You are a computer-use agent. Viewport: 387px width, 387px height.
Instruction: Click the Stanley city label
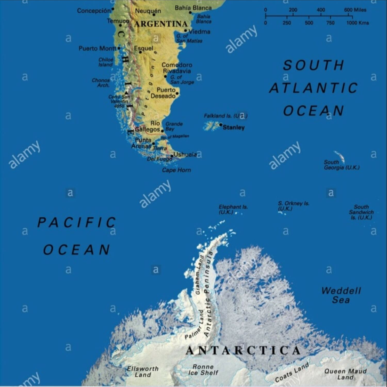click(x=233, y=127)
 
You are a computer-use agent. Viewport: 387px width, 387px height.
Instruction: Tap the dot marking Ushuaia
click(x=172, y=156)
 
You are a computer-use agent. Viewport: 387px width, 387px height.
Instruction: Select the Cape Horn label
click(x=176, y=170)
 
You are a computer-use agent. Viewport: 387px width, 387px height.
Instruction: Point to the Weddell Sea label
click(x=341, y=295)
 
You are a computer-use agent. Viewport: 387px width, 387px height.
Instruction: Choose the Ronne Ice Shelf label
click(x=203, y=370)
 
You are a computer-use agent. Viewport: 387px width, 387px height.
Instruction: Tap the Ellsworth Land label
click(x=143, y=372)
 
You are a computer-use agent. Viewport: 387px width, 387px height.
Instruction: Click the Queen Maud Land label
click(x=345, y=374)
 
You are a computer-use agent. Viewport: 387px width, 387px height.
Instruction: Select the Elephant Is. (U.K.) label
click(x=233, y=209)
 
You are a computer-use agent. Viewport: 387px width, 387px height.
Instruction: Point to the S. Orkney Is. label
click(x=293, y=206)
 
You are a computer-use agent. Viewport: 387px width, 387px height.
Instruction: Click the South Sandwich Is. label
click(x=361, y=212)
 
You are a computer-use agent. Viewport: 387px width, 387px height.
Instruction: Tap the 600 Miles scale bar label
click(x=355, y=10)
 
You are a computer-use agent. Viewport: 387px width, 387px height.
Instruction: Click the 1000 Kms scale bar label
click(x=358, y=23)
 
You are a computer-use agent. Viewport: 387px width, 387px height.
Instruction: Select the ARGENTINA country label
click(x=161, y=24)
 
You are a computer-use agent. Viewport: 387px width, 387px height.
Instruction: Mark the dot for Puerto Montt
click(x=119, y=48)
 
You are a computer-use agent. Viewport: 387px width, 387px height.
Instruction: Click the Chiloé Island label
click(x=106, y=62)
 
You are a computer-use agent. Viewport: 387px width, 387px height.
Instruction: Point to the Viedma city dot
click(x=186, y=31)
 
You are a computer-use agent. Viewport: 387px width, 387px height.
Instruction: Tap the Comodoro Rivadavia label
click(x=177, y=68)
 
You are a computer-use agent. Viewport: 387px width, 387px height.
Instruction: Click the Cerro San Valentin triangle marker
click(x=126, y=93)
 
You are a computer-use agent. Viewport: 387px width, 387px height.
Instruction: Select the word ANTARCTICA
click(x=243, y=350)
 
